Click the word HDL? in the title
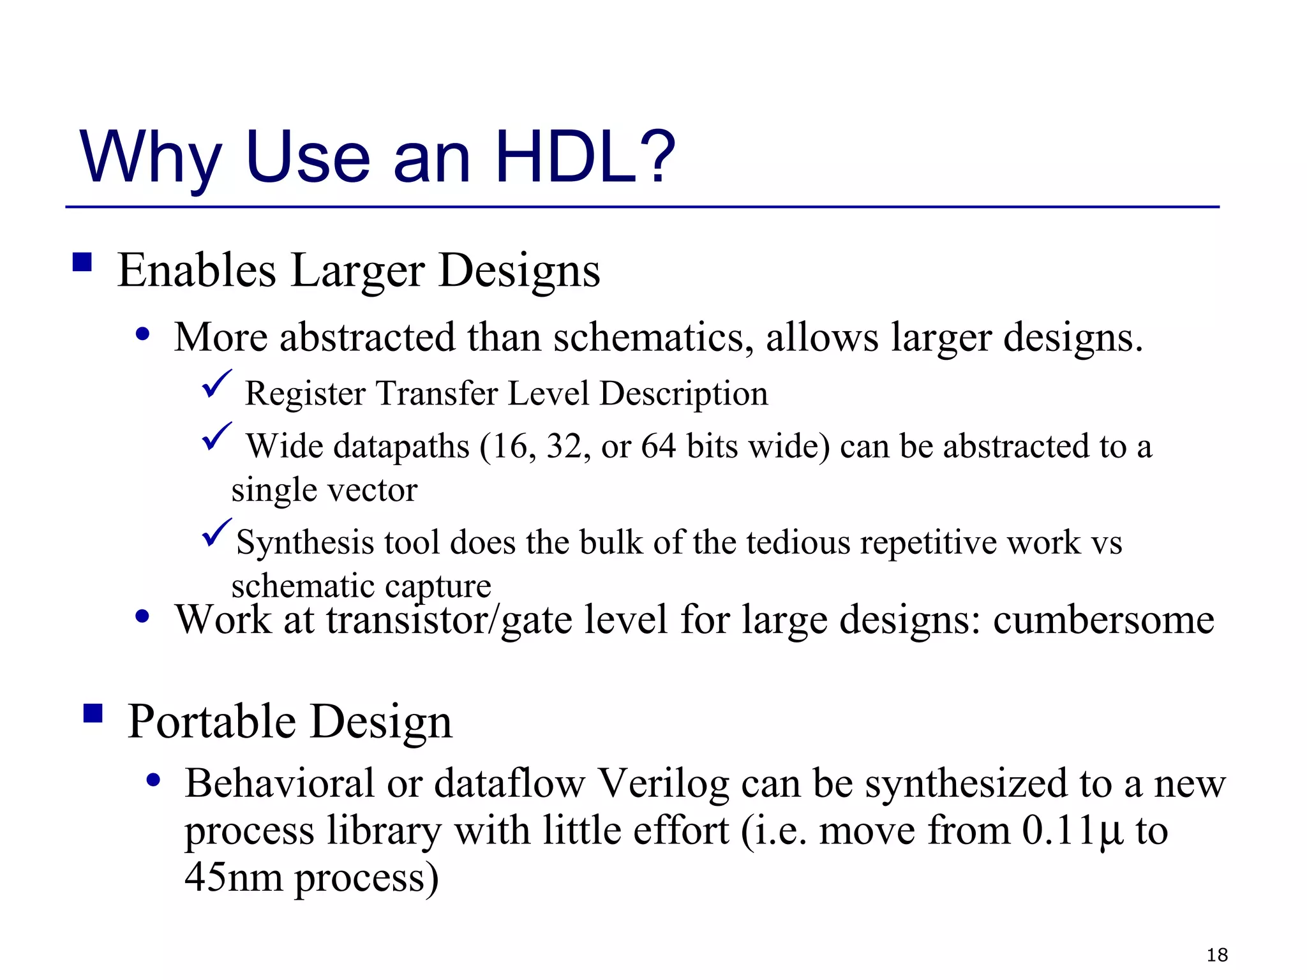pyautogui.click(x=585, y=156)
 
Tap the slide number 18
pyautogui.click(x=1217, y=954)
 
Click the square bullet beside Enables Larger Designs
pyautogui.click(x=82, y=262)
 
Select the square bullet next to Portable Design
pyautogui.click(x=93, y=713)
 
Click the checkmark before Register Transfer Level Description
pyautogui.click(x=216, y=384)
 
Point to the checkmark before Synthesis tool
pyautogui.click(x=216, y=533)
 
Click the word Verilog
pyautogui.click(x=664, y=783)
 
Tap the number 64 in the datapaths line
pyautogui.click(x=658, y=446)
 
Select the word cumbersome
pyautogui.click(x=1103, y=620)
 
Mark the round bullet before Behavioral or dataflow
pyautogui.click(x=153, y=780)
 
